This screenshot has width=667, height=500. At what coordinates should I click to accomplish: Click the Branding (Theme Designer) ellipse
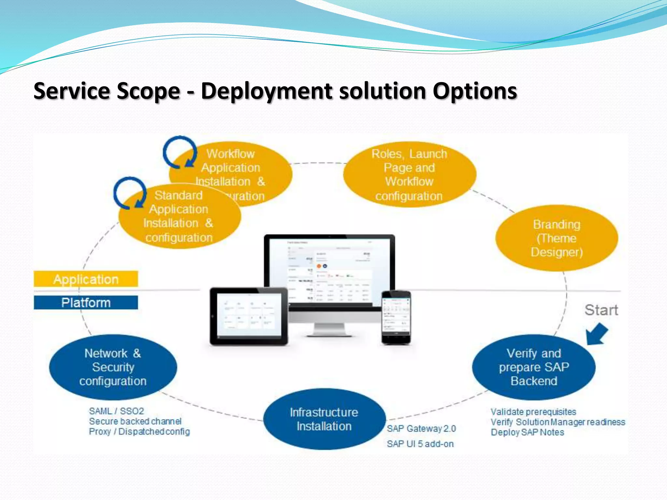coord(556,238)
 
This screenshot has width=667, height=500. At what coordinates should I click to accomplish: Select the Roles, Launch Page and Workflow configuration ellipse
coord(409,175)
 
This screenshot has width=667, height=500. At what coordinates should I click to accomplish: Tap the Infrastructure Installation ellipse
coord(324,419)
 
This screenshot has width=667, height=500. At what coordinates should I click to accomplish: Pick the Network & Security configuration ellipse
coord(113,367)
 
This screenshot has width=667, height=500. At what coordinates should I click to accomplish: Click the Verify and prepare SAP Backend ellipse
coord(533,367)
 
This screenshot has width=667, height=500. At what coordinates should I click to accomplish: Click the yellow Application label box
coord(86,279)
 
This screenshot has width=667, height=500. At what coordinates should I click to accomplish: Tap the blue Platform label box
coord(86,303)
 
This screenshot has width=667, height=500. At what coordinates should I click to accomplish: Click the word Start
coord(601,310)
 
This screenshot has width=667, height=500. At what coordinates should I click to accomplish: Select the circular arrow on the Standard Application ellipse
coord(130,193)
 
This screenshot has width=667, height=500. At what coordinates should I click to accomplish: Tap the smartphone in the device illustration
coord(396,317)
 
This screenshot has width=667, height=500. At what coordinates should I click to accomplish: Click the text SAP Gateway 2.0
coord(421,429)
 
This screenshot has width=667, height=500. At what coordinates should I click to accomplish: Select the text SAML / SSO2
coord(116,411)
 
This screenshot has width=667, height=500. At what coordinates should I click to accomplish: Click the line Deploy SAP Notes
coord(527,432)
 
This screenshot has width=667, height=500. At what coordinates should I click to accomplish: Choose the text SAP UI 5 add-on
coord(420,444)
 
